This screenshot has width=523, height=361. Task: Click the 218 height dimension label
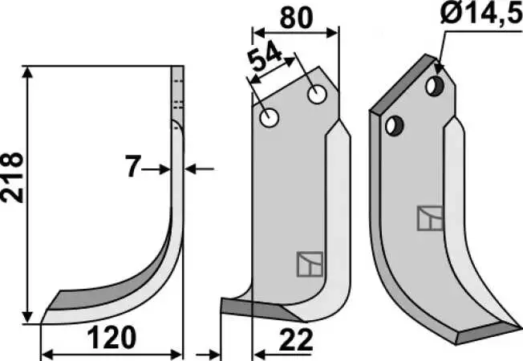coord(12,178)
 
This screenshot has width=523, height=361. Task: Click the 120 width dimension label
coord(111,338)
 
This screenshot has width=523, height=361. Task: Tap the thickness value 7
coord(132,166)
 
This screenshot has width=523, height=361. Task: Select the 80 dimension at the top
coord(297,18)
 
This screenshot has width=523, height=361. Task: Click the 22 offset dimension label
coord(296,339)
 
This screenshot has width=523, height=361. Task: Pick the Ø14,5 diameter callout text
coord(481,13)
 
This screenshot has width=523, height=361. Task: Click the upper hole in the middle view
coord(317,95)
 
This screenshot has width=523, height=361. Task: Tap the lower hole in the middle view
coord(270,118)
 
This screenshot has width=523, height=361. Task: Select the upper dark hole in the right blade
coord(435,86)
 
